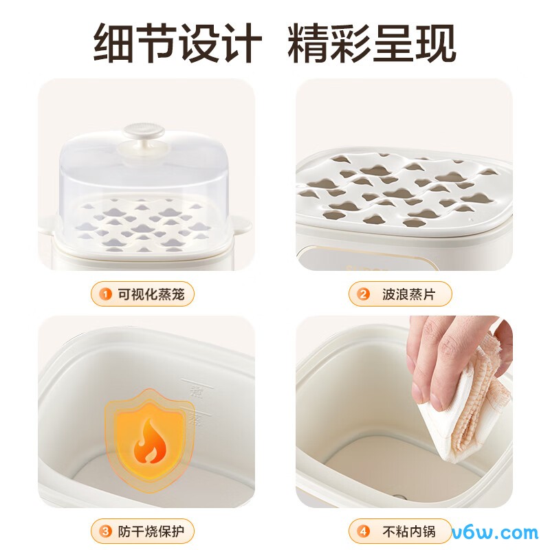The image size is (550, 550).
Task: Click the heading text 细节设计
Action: (177, 43)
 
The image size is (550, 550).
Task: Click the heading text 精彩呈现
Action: (372, 43)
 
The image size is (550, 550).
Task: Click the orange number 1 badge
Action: (106, 294)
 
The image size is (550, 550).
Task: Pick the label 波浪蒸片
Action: (407, 294)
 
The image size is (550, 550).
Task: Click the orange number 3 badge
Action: (106, 531)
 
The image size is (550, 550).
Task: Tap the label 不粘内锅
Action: (407, 531)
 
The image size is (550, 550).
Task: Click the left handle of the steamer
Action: (48, 225)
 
